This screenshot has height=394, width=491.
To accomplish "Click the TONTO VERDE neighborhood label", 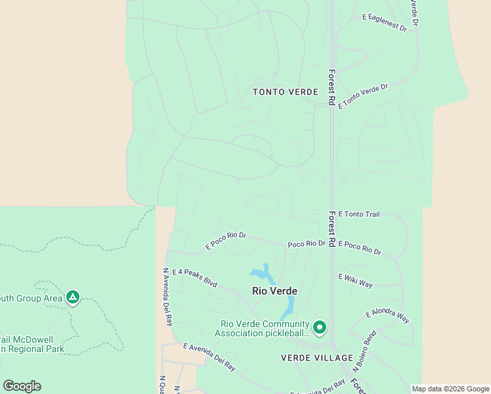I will coord(286,92).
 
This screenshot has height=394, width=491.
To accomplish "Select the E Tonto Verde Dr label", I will coord(363,96).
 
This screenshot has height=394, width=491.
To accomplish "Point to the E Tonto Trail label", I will coord(359,214).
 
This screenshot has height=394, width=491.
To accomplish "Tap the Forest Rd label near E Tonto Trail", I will coord(332,228).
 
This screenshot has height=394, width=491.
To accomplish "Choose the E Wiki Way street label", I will coord(355,280).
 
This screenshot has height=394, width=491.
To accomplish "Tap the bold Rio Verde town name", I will coord(274,291).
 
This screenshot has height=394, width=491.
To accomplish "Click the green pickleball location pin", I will coord(320,326).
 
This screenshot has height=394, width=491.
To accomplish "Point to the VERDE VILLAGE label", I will coord(308,358).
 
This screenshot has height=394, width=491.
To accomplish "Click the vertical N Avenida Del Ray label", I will coord(167,297).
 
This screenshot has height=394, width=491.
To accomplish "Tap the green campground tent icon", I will coord(73,297).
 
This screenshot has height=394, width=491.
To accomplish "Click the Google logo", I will coord(22,386).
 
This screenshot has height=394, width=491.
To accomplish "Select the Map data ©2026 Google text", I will coord(450,389).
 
